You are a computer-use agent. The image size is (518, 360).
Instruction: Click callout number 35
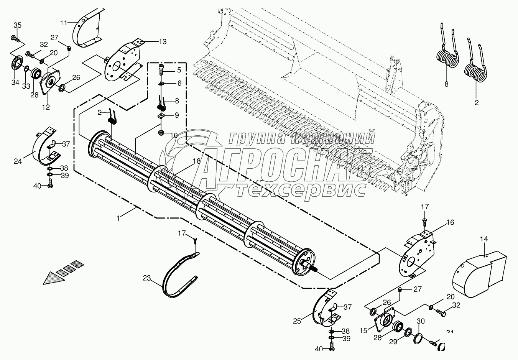point(18,26)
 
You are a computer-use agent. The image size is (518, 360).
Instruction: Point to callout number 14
point(484,239)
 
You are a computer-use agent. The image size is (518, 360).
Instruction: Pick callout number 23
point(148,278)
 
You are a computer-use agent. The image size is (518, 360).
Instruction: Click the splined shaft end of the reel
point(310,266)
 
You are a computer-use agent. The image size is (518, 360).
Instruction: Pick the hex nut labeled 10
point(162,133)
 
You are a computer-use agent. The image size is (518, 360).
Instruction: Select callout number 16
point(450,222)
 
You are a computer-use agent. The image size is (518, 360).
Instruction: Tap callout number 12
point(46,107)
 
